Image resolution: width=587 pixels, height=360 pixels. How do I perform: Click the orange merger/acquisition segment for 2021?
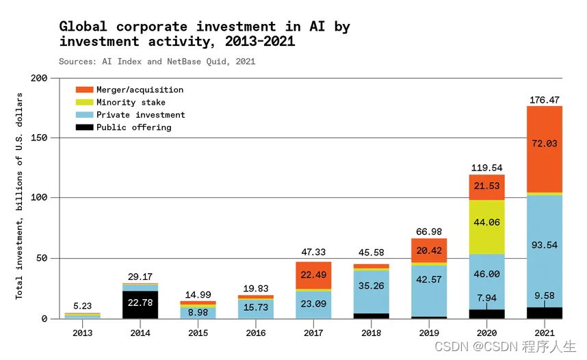point(545,149)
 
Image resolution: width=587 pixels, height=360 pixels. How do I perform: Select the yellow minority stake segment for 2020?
point(486,227)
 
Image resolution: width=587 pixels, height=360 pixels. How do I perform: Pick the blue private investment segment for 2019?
point(428,290)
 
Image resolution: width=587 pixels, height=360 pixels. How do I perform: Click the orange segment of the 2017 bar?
point(313,274)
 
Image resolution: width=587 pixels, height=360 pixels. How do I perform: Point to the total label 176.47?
point(545,100)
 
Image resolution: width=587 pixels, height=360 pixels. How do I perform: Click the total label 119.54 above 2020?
point(486,168)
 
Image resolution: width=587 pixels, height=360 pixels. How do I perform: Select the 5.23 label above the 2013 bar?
point(82,306)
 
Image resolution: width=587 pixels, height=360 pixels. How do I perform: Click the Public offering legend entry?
point(133,127)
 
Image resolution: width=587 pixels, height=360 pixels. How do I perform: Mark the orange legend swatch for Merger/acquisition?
point(83,90)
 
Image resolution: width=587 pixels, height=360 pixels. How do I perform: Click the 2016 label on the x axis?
point(255,333)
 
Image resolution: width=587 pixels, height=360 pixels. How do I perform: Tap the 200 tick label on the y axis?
point(39,78)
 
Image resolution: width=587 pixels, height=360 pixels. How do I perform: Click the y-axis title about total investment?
point(19,195)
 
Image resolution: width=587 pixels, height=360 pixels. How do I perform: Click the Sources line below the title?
point(157,62)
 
